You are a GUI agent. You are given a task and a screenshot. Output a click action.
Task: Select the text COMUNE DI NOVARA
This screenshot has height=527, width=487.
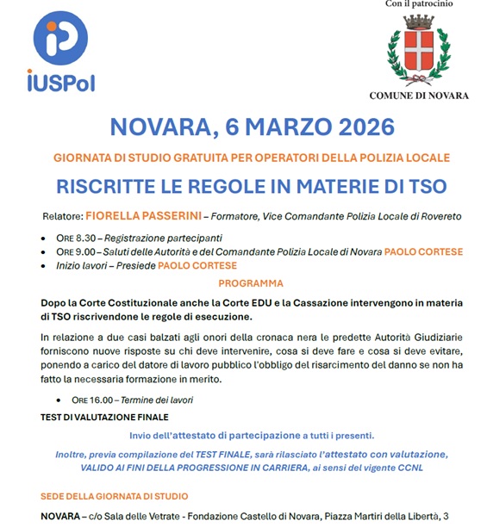tap(419, 96)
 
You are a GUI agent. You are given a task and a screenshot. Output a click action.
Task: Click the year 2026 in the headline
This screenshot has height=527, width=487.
tap(354, 127)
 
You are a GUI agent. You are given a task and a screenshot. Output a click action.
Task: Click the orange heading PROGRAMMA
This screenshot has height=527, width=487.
tap(251, 283)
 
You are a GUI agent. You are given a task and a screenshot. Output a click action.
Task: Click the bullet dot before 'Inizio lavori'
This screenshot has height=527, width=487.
tap(45, 266)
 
